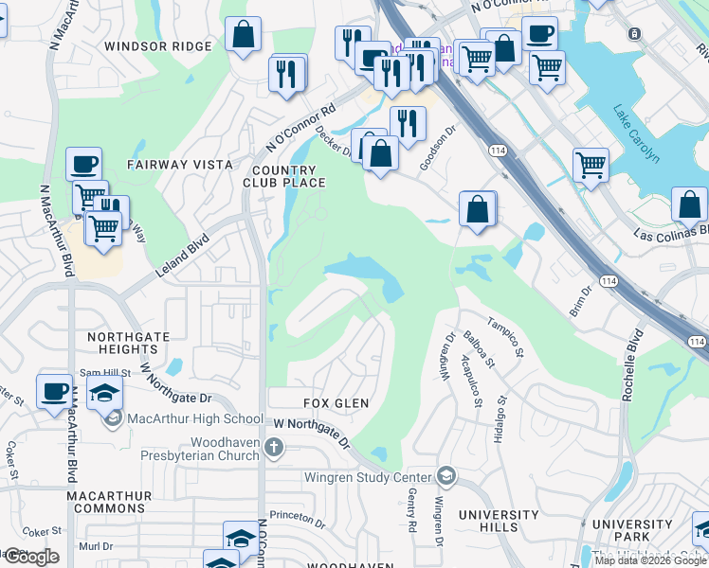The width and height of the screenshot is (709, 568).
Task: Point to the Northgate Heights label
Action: click(x=128, y=344)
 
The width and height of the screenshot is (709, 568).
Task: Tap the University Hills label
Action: click(x=498, y=522)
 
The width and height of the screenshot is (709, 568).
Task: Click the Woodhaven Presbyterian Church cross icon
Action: click(x=275, y=447)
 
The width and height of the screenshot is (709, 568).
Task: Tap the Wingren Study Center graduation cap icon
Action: click(x=446, y=476)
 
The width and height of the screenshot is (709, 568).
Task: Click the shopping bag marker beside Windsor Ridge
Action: click(x=244, y=36)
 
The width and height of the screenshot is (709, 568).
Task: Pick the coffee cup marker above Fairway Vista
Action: click(x=83, y=164)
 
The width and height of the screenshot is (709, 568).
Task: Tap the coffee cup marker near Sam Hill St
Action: click(x=54, y=390)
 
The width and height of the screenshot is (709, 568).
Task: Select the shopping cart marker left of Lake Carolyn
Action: click(x=591, y=164)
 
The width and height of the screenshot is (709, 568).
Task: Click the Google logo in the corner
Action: click(x=31, y=557)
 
